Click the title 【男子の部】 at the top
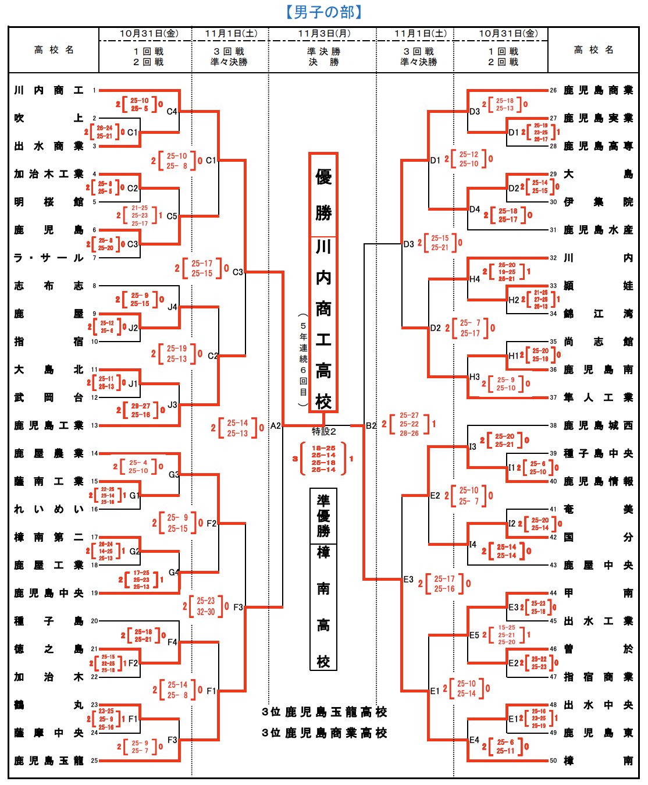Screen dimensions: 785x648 point(324,12)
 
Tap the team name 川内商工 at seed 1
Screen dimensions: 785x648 point(49,91)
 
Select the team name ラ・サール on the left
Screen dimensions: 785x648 point(49,258)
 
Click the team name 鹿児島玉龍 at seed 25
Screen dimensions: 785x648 point(49,761)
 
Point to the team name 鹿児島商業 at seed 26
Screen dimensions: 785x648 point(598,91)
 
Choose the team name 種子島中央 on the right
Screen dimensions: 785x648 point(598,453)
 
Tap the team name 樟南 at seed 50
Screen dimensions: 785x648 point(598,761)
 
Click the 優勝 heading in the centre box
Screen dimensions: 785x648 point(323,195)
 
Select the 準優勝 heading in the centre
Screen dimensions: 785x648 point(323,515)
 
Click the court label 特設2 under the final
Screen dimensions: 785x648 point(324,431)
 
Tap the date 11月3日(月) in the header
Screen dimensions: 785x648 point(324,34)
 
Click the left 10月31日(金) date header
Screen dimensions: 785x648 point(149,34)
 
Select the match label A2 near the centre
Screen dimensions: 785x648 point(275,426)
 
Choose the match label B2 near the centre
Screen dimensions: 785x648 point(371,426)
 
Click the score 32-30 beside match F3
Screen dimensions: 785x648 point(205,612)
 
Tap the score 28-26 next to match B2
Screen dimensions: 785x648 point(409,434)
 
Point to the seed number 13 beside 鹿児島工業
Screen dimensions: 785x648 point(94,426)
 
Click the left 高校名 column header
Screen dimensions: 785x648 point(54,50)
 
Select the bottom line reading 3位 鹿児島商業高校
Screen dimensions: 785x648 point(324,733)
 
